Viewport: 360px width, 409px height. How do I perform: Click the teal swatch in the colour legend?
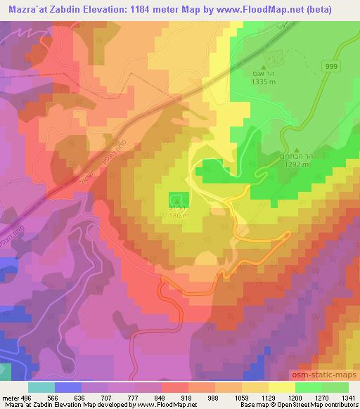[41, 387]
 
